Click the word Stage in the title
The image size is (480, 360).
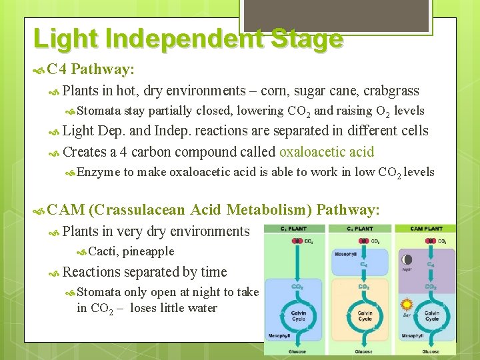pyautogui.click(x=306, y=39)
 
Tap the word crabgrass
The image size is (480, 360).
pyautogui.click(x=392, y=91)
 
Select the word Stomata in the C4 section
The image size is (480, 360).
pyautogui.click(x=98, y=111)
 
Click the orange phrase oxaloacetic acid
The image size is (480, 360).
pyautogui.click(x=327, y=151)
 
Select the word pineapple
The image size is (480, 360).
pyautogui.click(x=148, y=251)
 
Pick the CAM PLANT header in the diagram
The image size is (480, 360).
pyautogui.click(x=425, y=229)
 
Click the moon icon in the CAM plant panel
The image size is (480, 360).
pyautogui.click(x=407, y=259)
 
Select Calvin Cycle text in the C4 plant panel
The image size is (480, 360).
pyautogui.click(x=365, y=315)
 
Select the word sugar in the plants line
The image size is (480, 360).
pyautogui.click(x=313, y=91)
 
